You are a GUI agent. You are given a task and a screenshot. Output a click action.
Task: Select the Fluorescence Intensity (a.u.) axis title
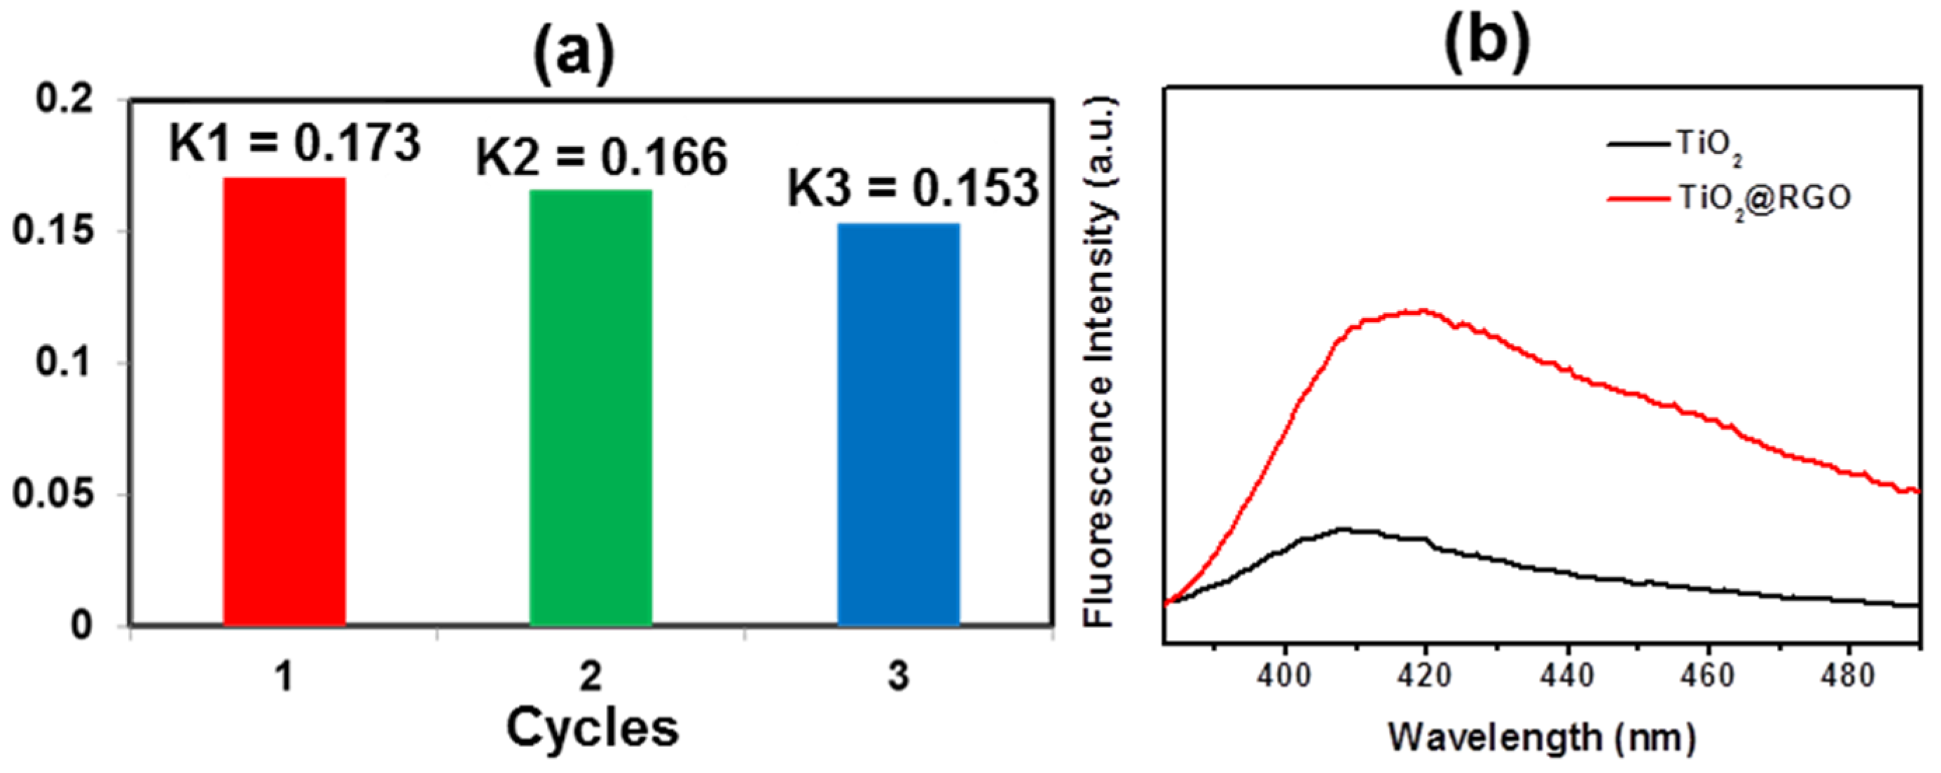coord(1099,361)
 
